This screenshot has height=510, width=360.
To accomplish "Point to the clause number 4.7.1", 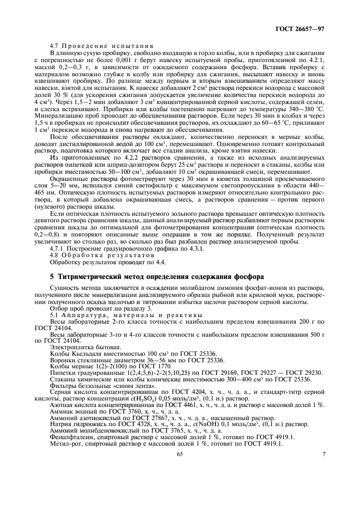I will pos(59,248).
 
